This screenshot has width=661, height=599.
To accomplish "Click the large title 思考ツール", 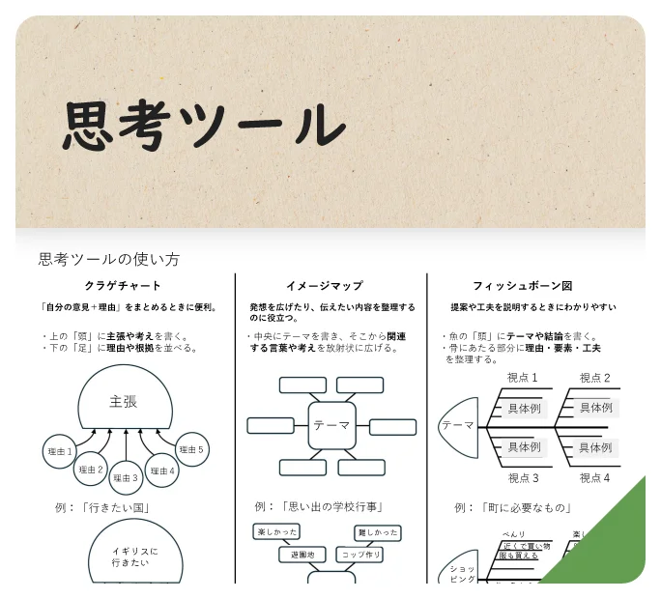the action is [x=204, y=126].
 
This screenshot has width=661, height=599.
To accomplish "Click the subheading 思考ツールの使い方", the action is [x=108, y=259].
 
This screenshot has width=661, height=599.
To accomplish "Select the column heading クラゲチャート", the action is [x=123, y=286].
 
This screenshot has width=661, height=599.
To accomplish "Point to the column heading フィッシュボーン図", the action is [x=522, y=286].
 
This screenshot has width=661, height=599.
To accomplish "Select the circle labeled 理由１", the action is [x=60, y=451].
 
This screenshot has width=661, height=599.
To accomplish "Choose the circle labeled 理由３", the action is [x=126, y=476].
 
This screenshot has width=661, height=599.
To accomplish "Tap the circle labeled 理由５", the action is [x=192, y=449].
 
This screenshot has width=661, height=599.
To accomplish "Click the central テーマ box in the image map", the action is [x=331, y=425].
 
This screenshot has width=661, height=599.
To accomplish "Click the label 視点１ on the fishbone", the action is [x=523, y=378].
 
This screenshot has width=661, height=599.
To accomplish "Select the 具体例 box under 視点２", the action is [x=595, y=408].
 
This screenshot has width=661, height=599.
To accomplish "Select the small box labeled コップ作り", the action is [x=361, y=555].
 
